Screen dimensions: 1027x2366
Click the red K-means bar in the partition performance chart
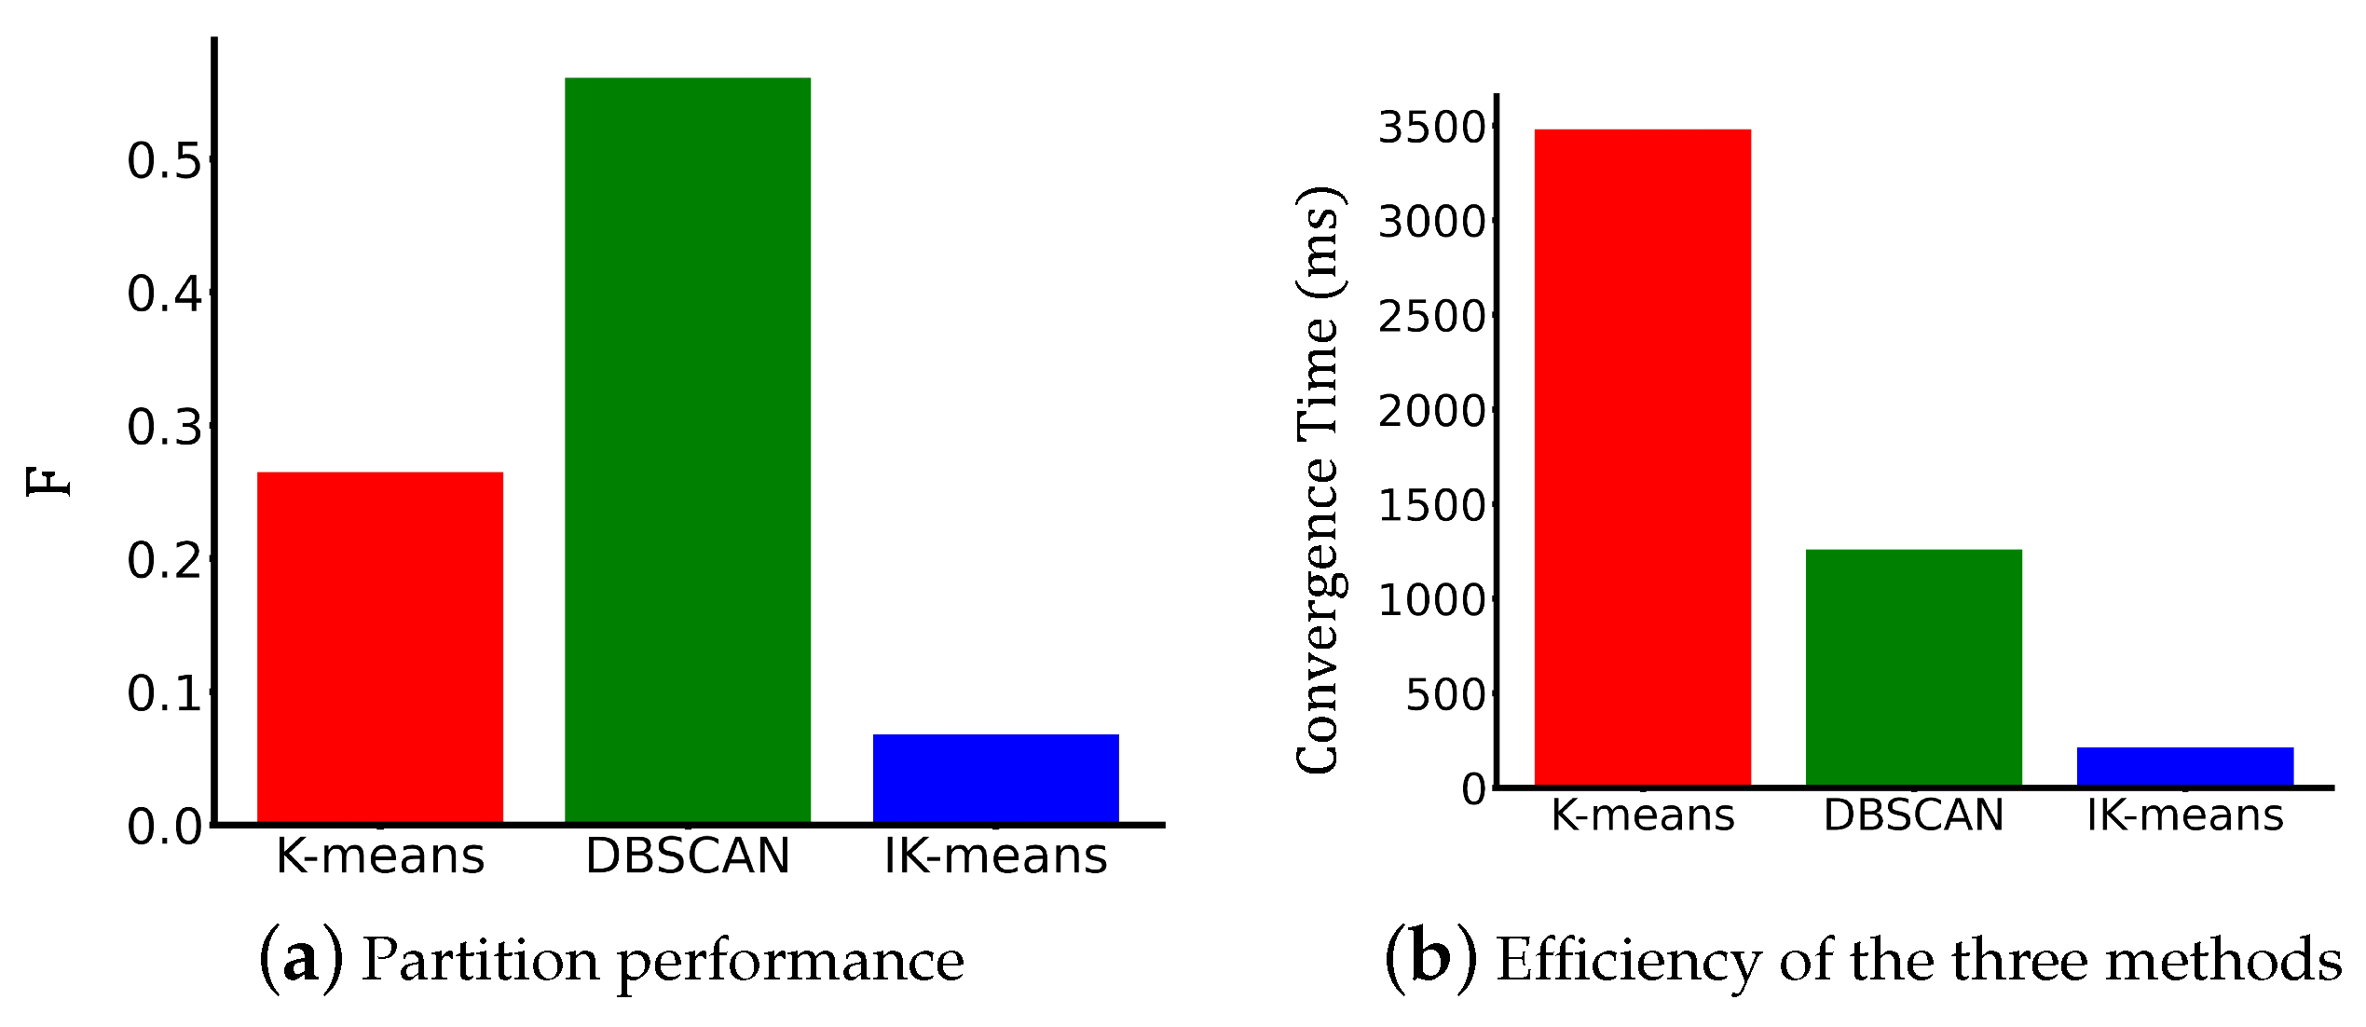379,647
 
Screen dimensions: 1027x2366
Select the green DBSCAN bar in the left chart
687,449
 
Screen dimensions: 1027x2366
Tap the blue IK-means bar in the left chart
995,778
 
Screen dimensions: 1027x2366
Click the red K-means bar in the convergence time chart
1642,457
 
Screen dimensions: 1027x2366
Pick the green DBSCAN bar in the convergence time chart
1913,667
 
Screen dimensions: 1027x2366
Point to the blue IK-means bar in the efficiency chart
2184,766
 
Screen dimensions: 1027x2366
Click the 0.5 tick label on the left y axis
164,161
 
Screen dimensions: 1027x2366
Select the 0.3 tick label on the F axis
164,428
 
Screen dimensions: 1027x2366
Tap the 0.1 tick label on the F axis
164,694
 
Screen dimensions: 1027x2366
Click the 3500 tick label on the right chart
1433,128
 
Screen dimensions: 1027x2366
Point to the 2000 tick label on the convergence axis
1433,411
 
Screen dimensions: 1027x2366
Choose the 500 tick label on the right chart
1446,695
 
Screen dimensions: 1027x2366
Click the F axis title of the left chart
48,482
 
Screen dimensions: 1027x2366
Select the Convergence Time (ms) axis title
1318,480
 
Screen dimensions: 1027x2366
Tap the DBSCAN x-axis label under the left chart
687,856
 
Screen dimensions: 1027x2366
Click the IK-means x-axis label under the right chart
2184,815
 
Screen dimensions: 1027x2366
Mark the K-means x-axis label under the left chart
379,856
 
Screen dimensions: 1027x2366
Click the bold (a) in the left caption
300,959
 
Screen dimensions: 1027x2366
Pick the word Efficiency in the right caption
1628,961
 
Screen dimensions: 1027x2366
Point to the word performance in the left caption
790,961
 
